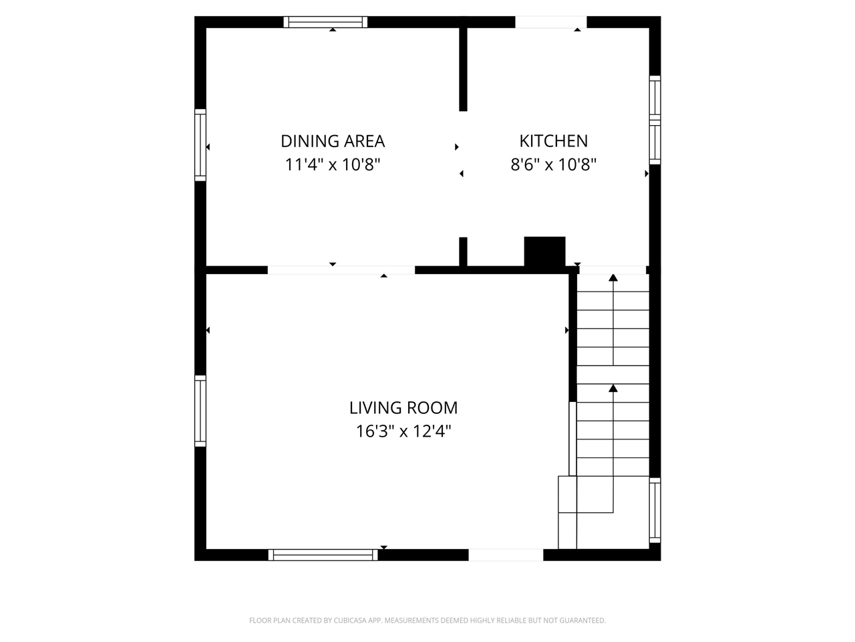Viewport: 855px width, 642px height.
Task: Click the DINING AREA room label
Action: pos(333,141)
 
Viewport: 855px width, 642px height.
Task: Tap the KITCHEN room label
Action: pos(554,141)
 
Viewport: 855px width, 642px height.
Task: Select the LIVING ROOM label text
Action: pos(403,407)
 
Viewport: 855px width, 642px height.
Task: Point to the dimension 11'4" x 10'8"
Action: pos(333,165)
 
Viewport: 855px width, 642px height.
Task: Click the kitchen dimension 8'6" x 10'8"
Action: pos(554,165)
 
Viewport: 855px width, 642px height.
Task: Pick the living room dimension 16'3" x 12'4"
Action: pos(403,431)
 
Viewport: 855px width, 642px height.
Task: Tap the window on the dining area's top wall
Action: pos(326,22)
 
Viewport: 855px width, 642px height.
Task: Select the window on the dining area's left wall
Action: pos(200,144)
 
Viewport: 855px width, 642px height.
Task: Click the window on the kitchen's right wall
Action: pos(655,120)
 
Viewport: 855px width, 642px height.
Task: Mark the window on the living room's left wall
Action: pos(200,411)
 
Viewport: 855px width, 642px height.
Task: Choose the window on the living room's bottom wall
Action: pos(323,554)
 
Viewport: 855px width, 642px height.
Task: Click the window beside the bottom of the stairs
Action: pos(655,511)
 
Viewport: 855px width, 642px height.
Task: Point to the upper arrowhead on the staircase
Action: pos(613,278)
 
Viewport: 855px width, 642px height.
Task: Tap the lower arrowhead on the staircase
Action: pos(613,388)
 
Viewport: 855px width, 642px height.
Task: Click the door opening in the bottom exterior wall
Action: pos(506,554)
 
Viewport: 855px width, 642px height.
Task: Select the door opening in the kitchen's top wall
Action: pos(550,22)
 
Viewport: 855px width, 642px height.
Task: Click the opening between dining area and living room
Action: pos(341,270)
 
